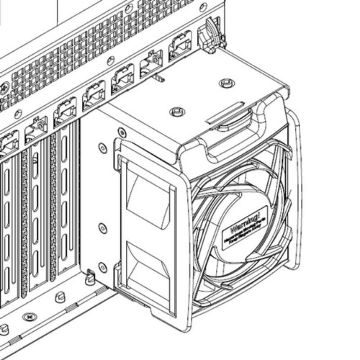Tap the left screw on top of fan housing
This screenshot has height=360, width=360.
click(x=176, y=112)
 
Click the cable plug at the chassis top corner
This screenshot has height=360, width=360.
click(x=210, y=36)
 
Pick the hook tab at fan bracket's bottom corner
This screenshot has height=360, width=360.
click(x=90, y=276)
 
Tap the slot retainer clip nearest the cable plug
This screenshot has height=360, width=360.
click(x=179, y=47)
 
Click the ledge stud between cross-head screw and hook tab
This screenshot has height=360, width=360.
click(x=60, y=295)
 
